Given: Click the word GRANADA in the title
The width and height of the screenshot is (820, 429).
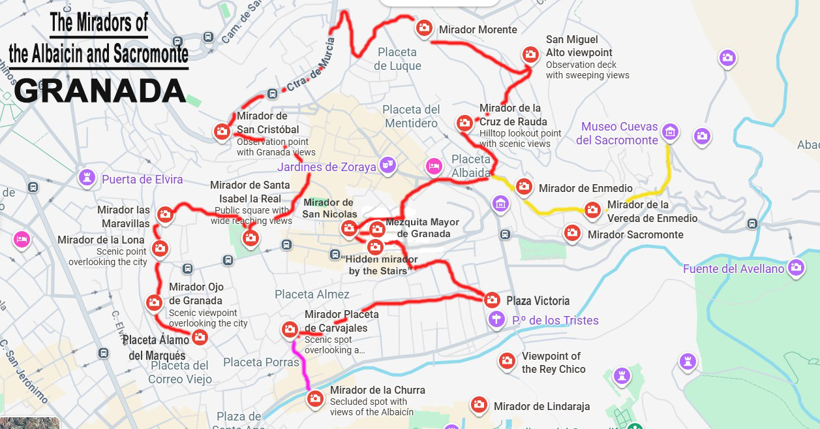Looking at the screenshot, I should (x=100, y=90).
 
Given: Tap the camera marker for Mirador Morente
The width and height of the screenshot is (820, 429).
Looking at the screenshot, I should (x=424, y=27).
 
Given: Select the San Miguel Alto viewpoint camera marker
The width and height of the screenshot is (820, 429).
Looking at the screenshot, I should (x=530, y=54).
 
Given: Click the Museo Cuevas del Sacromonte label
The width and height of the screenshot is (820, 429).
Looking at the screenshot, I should (x=616, y=133).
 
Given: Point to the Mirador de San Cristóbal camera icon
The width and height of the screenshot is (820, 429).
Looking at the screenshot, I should (x=222, y=131).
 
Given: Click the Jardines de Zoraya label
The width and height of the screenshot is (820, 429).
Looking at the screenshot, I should (x=327, y=167).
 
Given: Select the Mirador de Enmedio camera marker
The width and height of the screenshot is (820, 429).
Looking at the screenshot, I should (x=524, y=187).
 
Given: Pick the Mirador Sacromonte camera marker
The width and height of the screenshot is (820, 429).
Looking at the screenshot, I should (x=572, y=232).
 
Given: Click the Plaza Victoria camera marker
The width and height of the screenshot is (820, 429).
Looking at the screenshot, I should (x=493, y=300).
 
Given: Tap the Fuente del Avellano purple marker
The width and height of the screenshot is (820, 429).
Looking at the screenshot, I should (x=795, y=266).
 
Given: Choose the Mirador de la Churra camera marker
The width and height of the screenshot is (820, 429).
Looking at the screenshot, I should (x=316, y=398).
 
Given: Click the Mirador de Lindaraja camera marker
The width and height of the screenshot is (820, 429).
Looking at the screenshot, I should (x=479, y=405).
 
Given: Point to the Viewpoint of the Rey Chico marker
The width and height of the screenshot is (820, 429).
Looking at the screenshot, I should (x=507, y=360).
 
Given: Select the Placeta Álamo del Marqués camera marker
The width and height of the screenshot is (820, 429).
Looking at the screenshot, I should (x=200, y=337).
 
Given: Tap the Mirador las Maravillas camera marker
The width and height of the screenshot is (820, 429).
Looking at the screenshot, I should (x=165, y=214).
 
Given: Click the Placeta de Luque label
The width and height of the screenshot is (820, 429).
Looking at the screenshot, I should (x=397, y=59).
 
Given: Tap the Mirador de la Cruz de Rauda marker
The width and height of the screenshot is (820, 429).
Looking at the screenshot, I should (x=464, y=122).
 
